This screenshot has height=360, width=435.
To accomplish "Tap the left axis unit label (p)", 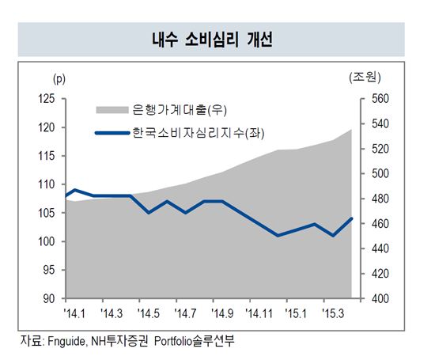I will [x=59, y=78].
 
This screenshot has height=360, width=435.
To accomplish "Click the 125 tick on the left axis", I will [x=48, y=99].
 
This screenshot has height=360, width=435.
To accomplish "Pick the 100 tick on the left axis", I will [x=48, y=241].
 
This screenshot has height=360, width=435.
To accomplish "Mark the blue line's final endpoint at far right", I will [x=352, y=218].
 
